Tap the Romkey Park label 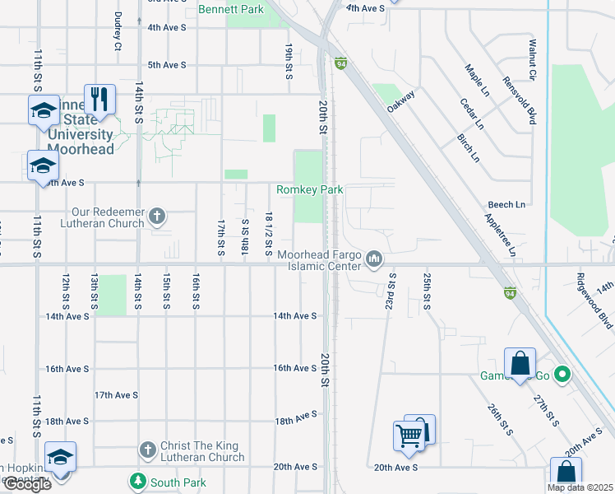point(309,189)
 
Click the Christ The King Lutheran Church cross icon point(148,450)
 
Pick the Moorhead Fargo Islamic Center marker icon point(374,260)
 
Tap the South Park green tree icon point(136,481)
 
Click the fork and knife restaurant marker point(99,99)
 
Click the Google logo point(26,484)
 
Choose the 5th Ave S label point(167,64)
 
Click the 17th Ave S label point(115,394)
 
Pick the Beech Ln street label point(506,204)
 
